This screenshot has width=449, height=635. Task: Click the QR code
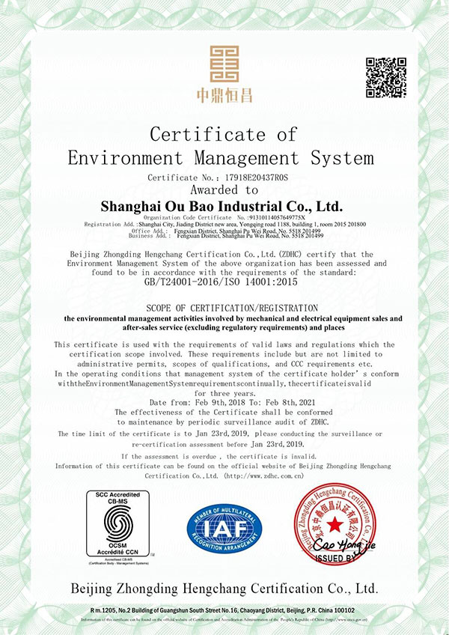(x=386, y=76)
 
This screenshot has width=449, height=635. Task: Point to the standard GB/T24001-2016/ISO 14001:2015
(x=224, y=283)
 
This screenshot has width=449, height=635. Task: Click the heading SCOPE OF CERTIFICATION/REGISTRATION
(x=224, y=309)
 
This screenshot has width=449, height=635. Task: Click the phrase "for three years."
(x=224, y=393)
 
